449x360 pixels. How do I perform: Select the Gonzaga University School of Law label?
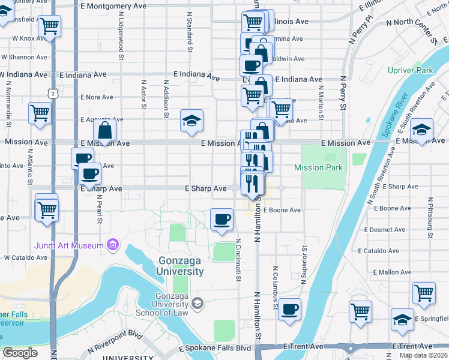[x=163, y=304]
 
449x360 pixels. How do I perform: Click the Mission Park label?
[x=319, y=168]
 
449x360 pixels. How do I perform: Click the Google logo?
[x=20, y=353]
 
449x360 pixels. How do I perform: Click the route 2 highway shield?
[x=53, y=94]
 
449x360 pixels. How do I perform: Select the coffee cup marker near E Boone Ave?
[x=222, y=218]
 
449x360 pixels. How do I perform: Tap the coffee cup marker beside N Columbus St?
[x=289, y=309]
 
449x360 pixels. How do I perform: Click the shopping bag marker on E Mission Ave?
[x=104, y=130]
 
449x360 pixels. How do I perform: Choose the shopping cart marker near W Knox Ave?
[x=49, y=26]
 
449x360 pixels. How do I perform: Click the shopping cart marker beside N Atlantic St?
[x=40, y=112]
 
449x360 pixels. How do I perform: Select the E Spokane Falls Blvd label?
[x=215, y=349]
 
